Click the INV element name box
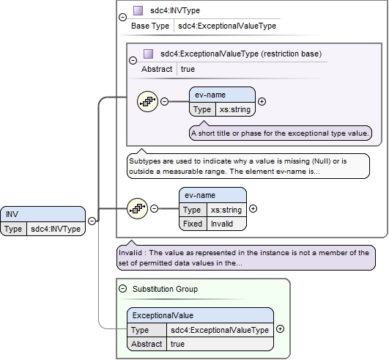pyautogui.click(x=43, y=214)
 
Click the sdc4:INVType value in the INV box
pyautogui.click(x=56, y=229)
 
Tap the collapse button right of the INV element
pyautogui.click(x=92, y=221)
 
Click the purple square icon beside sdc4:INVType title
pyautogui.click(x=138, y=11)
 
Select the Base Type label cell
pyautogui.click(x=150, y=26)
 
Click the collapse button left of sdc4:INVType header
pyautogui.click(x=123, y=17)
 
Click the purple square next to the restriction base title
pyautogui.click(x=149, y=54)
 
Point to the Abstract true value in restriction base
pyautogui.click(x=188, y=69)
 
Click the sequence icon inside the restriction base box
pyautogui.click(x=147, y=101)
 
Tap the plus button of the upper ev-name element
pyautogui.click(x=262, y=101)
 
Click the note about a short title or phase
pyautogui.click(x=281, y=133)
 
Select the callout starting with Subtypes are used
pyautogui.click(x=248, y=166)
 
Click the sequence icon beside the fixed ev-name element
pyautogui.click(x=137, y=208)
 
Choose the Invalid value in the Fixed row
pyautogui.click(x=222, y=224)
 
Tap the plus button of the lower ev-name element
pyautogui.click(x=253, y=208)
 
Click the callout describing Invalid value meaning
pyautogui.click(x=246, y=257)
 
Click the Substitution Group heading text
pyautogui.click(x=166, y=289)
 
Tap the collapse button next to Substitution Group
pyautogui.click(x=123, y=289)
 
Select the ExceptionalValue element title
pyautogui.click(x=163, y=315)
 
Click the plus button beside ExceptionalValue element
pyautogui.click(x=280, y=329)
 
